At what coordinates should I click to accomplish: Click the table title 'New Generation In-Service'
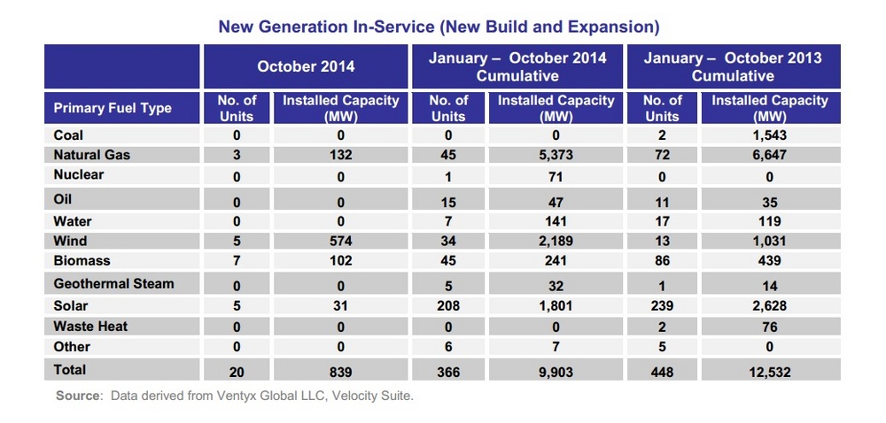(x=439, y=27)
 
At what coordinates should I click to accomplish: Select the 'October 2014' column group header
(x=306, y=66)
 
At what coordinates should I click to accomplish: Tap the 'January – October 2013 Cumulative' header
(x=733, y=66)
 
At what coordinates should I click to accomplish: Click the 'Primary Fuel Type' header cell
(x=113, y=109)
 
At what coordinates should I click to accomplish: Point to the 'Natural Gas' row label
(x=92, y=155)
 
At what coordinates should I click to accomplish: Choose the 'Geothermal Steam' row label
(x=113, y=284)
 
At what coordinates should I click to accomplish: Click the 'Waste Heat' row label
(x=90, y=327)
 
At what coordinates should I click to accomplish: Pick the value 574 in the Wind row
(x=341, y=241)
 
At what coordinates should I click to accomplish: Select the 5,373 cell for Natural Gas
(x=556, y=155)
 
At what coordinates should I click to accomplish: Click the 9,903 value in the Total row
(x=556, y=371)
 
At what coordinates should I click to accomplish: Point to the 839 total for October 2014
(x=341, y=371)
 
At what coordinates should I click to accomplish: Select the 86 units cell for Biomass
(x=662, y=261)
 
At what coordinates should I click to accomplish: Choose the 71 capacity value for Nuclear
(x=556, y=176)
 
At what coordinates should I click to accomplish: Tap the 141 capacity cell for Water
(x=556, y=221)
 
